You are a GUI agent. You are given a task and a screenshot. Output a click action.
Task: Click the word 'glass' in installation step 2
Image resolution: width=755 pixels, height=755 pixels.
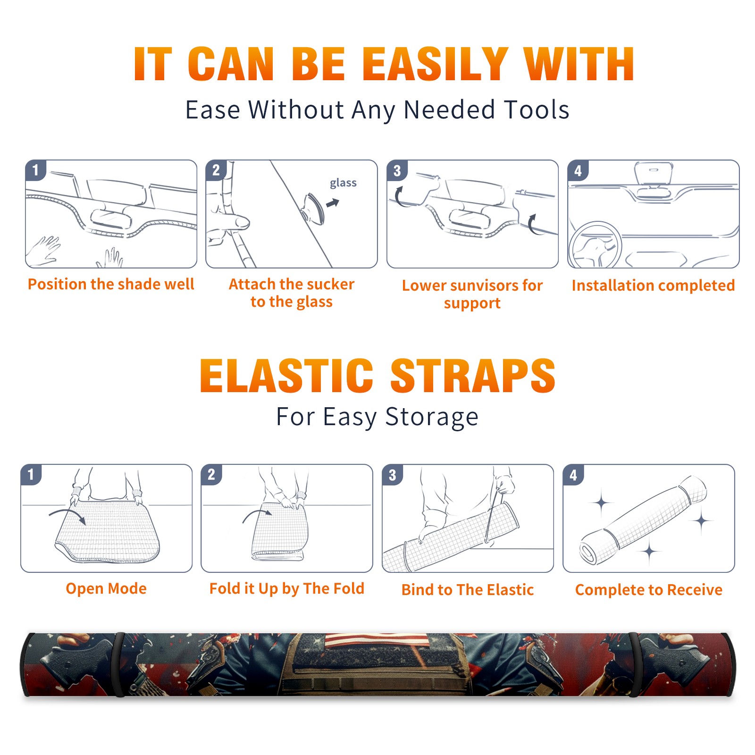click(343, 183)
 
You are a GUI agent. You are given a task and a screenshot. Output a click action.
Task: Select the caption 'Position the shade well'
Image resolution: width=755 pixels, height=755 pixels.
click(111, 284)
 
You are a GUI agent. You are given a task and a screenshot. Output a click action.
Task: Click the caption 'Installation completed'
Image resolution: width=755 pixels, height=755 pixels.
click(653, 285)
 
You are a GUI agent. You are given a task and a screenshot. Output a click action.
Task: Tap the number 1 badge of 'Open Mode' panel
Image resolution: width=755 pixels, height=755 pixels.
click(31, 474)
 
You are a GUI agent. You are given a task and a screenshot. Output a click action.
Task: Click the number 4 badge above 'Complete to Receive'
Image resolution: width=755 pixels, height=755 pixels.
click(573, 475)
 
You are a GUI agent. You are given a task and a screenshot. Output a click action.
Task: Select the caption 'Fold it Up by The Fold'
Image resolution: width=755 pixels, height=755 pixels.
click(287, 588)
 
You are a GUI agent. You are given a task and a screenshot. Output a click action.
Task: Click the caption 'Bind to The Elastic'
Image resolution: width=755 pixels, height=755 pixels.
click(468, 590)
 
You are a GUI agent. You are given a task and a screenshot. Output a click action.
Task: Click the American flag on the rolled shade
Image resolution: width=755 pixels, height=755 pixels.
click(376, 640)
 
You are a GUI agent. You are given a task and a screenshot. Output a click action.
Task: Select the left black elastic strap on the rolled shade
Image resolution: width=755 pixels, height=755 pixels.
click(118, 665)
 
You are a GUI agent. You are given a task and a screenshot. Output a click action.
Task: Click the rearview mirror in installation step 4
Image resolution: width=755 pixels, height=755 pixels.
click(654, 173)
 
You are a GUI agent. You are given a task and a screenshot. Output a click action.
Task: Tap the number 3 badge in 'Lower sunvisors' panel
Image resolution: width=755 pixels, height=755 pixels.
click(397, 170)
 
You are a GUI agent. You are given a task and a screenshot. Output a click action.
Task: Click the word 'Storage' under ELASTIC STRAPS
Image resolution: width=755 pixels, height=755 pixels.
click(432, 417)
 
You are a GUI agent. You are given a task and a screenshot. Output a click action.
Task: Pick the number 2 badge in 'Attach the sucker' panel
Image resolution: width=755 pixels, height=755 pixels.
click(216, 170)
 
